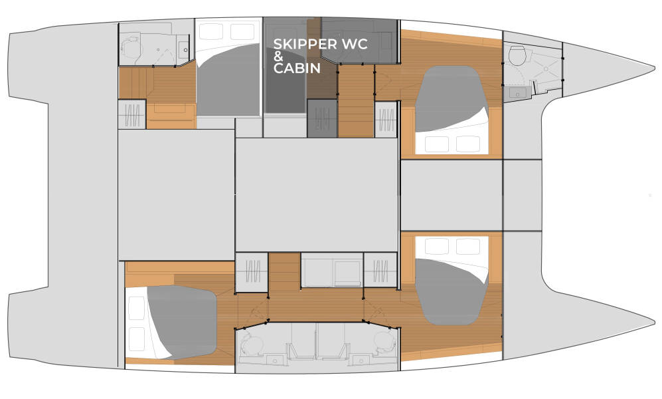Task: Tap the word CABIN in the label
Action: (x=297, y=68)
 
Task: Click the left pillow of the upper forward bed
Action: (x=436, y=143)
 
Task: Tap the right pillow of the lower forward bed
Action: (x=467, y=247)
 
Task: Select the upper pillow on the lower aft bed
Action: (x=136, y=307)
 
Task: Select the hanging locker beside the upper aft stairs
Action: (x=131, y=114)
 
